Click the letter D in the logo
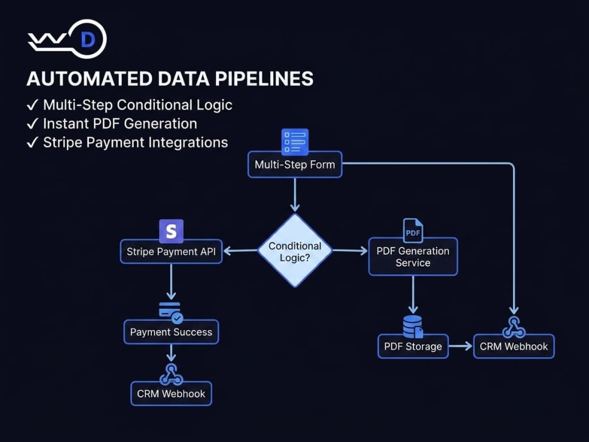point(88,39)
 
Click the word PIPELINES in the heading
point(264,78)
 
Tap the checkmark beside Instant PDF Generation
point(32,123)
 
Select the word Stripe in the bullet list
point(62,143)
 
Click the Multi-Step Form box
point(295,164)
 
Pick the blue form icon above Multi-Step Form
point(295,141)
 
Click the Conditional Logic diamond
point(295,250)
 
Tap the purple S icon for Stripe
point(171,231)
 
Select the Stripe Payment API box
point(171,252)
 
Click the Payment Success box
point(171,332)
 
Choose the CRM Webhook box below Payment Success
point(171,394)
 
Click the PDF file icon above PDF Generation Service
point(413,231)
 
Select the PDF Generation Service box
point(413,256)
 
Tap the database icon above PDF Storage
point(413,326)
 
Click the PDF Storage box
point(413,346)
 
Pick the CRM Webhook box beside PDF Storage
point(514,346)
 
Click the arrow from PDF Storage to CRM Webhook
point(461,346)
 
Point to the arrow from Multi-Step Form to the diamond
point(295,194)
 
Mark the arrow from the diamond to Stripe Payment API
point(240,250)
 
